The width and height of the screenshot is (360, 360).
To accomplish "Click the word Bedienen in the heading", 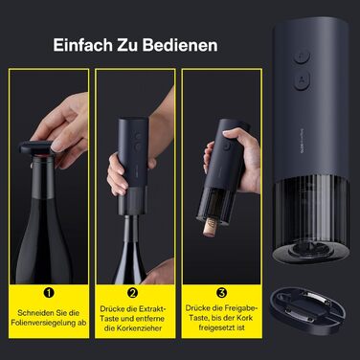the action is click(180, 45).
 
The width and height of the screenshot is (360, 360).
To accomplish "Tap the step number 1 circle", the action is click(49, 293).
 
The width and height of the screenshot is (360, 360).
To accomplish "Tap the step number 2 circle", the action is click(132, 293).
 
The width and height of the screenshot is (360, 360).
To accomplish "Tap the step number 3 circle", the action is click(221, 293).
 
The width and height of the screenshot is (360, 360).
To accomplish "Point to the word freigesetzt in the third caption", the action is click(217, 327).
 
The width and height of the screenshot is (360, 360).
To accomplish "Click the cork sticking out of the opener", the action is click(210, 227).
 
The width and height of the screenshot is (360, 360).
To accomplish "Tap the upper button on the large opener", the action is click(302, 57).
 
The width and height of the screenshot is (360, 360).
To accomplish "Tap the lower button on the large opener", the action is click(302, 81).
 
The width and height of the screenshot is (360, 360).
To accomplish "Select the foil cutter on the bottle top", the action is click(36, 147).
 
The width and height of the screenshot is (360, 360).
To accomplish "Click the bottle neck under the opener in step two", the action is click(130, 229).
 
